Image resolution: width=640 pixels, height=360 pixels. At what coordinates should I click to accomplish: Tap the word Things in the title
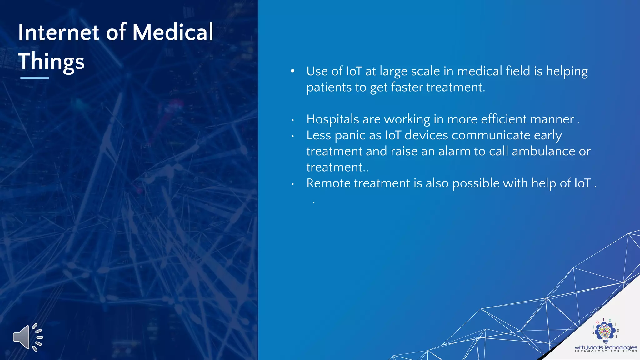[51, 62]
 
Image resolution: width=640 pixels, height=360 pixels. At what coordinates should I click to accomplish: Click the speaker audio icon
[27, 337]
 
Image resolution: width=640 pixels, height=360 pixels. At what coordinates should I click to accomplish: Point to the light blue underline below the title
[35, 78]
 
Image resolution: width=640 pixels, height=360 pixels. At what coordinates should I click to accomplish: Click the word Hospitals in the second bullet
[333, 119]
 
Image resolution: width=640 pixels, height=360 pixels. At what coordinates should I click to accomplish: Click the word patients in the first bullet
[329, 87]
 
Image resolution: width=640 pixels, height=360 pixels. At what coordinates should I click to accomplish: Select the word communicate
[491, 135]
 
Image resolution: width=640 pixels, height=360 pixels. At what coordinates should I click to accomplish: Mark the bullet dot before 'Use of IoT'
[292, 71]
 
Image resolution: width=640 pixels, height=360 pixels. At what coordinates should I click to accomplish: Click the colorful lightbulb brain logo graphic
[605, 332]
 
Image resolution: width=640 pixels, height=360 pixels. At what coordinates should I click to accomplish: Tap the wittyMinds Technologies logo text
[606, 347]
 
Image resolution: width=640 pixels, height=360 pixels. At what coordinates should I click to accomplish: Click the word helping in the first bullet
[567, 72]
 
